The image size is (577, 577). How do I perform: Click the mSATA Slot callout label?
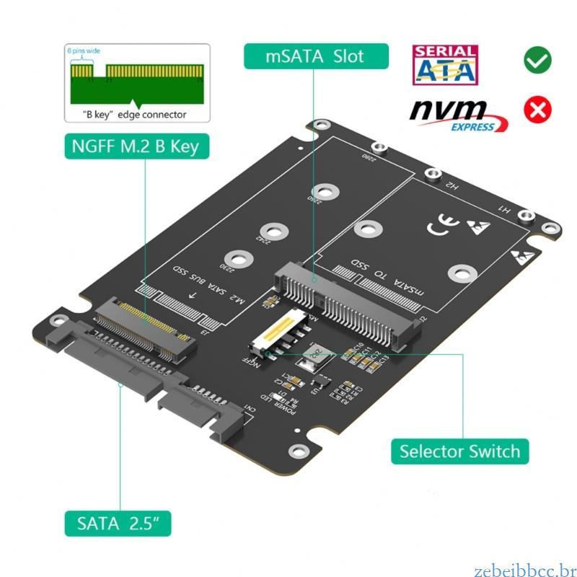coord(316,56)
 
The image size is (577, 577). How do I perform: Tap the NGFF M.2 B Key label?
coord(134,146)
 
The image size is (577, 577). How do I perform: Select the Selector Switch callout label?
coord(459,452)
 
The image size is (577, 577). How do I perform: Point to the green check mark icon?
coord(537,61)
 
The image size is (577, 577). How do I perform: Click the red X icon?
coord(537,110)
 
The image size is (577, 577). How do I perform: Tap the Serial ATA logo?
coord(444,64)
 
